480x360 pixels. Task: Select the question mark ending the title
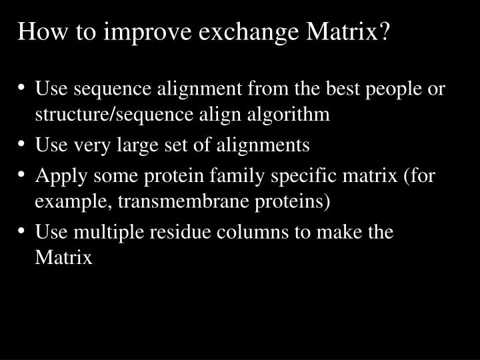click(x=385, y=31)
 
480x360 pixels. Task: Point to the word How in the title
click(x=42, y=31)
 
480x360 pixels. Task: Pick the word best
click(x=343, y=88)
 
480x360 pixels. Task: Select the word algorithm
click(x=289, y=115)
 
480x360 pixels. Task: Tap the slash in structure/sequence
click(x=112, y=114)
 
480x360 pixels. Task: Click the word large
click(x=138, y=146)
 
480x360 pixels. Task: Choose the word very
click(x=92, y=146)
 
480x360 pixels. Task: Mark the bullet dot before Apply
click(x=21, y=175)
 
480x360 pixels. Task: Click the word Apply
click(x=61, y=177)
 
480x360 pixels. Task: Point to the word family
click(x=237, y=176)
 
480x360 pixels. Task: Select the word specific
click(x=303, y=176)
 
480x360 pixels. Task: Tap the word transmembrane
click(x=183, y=201)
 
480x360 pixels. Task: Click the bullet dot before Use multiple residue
click(x=21, y=231)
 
